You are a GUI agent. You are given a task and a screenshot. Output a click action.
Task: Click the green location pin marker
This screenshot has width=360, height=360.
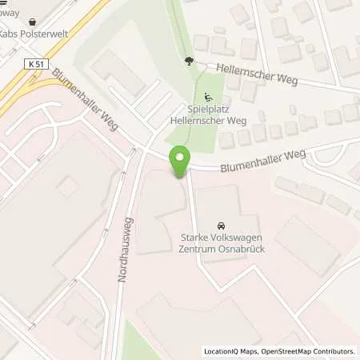(x=180, y=162)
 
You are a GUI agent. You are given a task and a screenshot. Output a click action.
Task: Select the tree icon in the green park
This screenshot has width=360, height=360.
(x=189, y=61)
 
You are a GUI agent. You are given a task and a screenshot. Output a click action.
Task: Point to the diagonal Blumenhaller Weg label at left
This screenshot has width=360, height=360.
(x=84, y=105)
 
